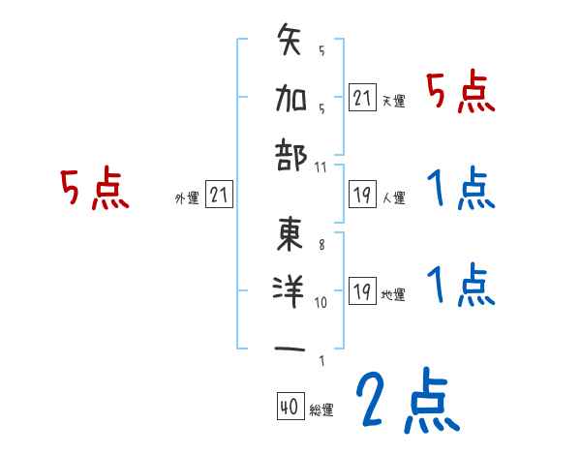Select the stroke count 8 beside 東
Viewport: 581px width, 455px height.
[321, 246]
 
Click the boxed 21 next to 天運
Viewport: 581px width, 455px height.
[362, 99]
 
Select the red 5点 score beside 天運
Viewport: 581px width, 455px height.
[461, 94]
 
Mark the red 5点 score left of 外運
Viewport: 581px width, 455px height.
[95, 189]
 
